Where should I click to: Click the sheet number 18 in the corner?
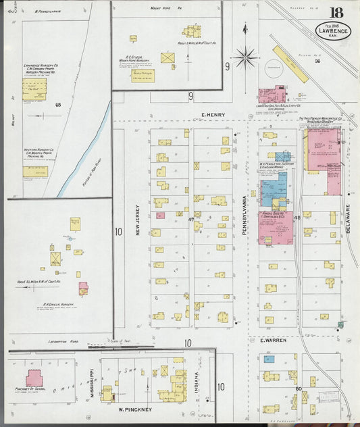tap(335, 12)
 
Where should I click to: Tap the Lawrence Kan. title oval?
tap(333, 31)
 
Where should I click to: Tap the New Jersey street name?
tap(137, 221)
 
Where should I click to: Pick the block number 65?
tap(59, 105)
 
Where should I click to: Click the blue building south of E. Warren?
tap(269, 359)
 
